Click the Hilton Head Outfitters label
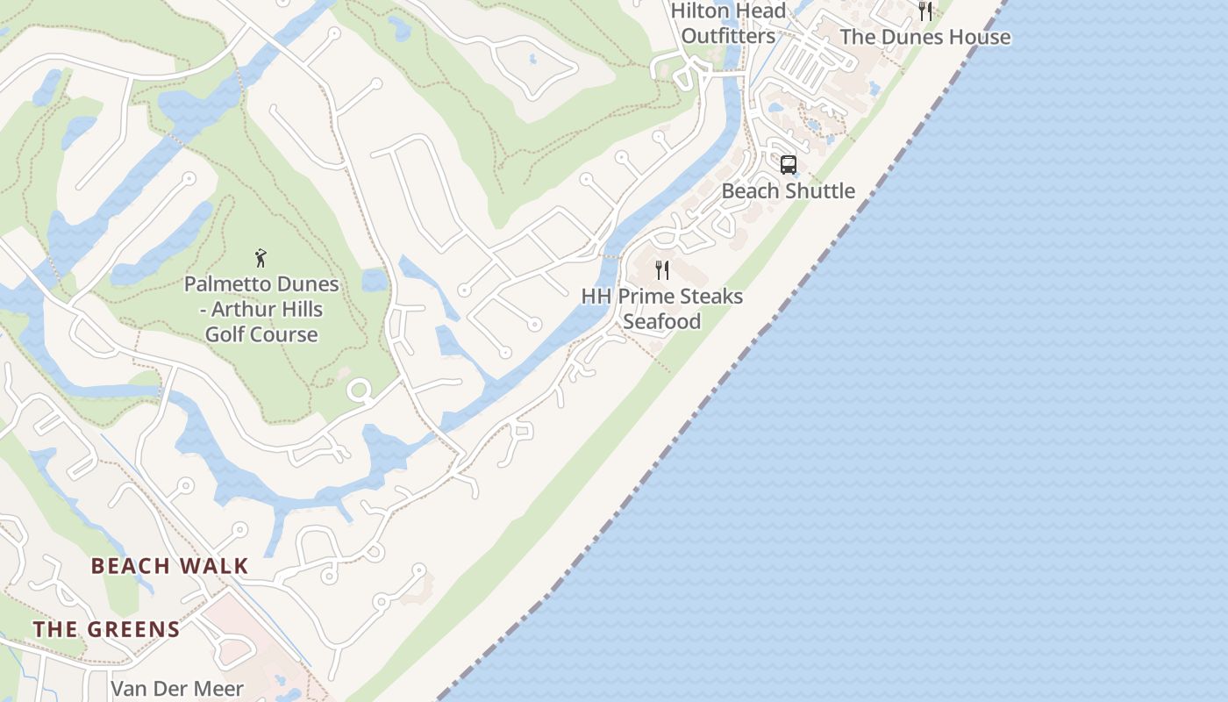(728, 24)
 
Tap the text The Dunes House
(925, 37)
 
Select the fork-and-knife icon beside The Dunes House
(925, 11)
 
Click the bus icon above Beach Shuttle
(788, 164)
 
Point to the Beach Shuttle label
(788, 190)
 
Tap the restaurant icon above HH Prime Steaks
(662, 269)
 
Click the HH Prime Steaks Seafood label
(662, 309)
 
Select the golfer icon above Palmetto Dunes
(261, 258)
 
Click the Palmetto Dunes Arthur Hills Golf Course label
(261, 309)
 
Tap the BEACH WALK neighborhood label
(170, 566)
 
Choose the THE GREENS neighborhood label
(106, 629)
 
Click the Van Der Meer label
(177, 689)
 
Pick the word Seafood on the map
(662, 321)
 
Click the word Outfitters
(728, 36)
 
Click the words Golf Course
(261, 334)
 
